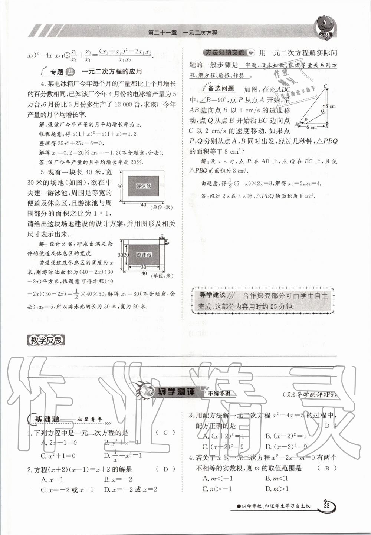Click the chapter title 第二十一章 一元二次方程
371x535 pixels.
(x=183, y=33)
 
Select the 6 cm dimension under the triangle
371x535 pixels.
(x=311, y=127)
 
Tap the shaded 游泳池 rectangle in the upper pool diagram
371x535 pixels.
(x=144, y=186)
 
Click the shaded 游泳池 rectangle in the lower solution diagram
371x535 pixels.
(x=144, y=255)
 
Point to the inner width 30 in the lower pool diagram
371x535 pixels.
(x=143, y=267)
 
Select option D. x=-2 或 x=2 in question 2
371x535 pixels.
(x=131, y=489)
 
